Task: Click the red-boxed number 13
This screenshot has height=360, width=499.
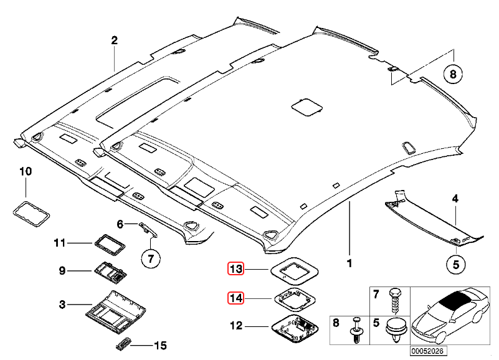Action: [235, 269]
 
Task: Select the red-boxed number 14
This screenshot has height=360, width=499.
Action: [235, 298]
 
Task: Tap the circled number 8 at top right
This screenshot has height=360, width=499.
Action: [453, 74]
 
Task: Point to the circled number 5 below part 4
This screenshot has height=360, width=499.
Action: [455, 264]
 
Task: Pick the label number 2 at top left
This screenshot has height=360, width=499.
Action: [114, 40]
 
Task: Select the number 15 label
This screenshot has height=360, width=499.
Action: [161, 344]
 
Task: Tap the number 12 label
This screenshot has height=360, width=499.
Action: [236, 325]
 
